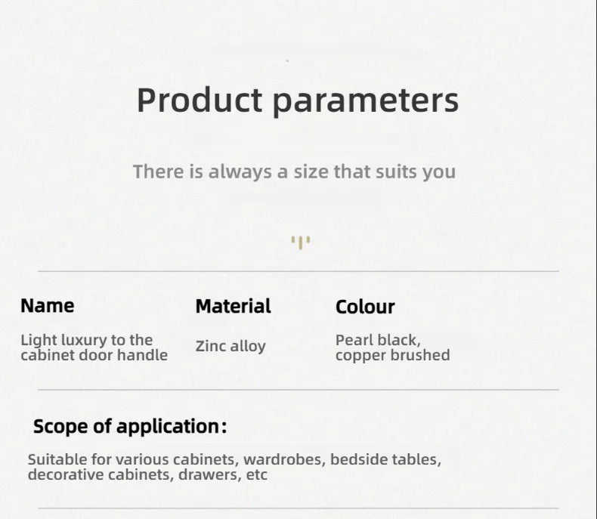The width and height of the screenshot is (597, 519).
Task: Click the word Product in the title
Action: click(x=200, y=100)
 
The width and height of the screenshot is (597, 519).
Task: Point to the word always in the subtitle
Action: click(x=240, y=172)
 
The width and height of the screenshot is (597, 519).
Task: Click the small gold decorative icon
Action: click(x=301, y=243)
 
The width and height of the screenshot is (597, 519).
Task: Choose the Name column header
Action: click(x=48, y=306)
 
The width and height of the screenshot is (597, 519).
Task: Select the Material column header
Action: click(x=233, y=306)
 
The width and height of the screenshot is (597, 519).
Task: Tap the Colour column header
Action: click(x=365, y=307)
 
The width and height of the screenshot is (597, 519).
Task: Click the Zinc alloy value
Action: click(x=230, y=347)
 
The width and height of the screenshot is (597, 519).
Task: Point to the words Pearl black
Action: click(x=378, y=341)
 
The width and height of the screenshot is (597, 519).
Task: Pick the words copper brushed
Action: click(x=392, y=356)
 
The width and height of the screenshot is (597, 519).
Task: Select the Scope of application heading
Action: click(x=130, y=427)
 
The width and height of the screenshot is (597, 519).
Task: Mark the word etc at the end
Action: click(x=257, y=475)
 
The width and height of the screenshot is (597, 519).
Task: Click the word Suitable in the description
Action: click(x=57, y=459)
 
